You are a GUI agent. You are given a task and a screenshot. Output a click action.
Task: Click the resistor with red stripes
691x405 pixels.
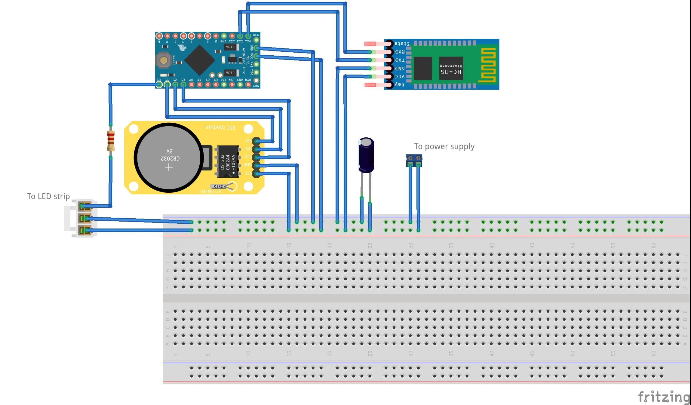(x=111, y=140)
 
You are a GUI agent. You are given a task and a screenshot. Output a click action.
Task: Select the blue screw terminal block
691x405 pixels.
(x=414, y=160)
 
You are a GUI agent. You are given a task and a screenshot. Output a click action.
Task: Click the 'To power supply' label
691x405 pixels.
(x=444, y=146)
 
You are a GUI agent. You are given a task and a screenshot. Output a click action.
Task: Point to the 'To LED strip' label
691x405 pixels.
(x=48, y=196)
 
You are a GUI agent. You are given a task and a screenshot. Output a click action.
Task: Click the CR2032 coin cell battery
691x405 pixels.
(x=169, y=158)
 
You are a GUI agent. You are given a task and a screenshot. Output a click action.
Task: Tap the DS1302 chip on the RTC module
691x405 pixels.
(x=228, y=162)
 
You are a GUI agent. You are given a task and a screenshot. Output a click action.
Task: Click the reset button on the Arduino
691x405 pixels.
(x=163, y=60)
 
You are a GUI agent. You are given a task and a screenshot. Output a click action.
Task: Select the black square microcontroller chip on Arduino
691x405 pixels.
(x=199, y=60)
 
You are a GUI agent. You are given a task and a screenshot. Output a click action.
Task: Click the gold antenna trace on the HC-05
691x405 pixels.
(x=487, y=65)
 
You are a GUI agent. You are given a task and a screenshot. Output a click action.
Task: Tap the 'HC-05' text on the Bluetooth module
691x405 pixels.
(x=451, y=72)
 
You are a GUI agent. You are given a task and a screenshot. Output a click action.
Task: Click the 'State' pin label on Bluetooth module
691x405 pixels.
(x=402, y=44)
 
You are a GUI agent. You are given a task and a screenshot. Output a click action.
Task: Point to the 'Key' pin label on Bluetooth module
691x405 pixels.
(x=400, y=84)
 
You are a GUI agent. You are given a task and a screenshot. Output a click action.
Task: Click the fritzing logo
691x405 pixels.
(x=664, y=397)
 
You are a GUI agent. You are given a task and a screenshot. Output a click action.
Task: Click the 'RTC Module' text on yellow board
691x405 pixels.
(x=220, y=127)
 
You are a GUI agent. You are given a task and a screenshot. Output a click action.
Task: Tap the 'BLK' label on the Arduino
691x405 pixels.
(x=256, y=35)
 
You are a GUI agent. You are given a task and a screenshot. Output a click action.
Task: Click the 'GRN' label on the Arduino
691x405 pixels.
(x=256, y=86)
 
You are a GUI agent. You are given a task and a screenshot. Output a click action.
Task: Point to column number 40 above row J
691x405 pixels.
(x=491, y=245)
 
